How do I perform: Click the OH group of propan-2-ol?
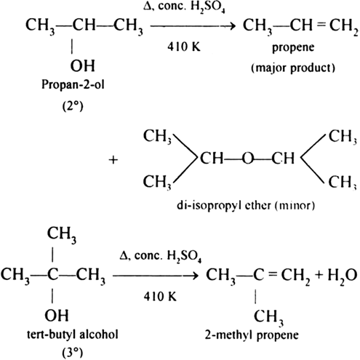click(82, 65)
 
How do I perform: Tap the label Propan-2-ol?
click(73, 85)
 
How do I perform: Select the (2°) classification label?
click(73, 106)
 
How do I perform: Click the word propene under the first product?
click(293, 48)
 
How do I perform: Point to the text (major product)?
click(293, 68)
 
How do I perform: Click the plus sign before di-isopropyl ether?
click(113, 160)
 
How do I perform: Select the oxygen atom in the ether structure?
click(248, 159)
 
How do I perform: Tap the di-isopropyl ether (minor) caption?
click(246, 206)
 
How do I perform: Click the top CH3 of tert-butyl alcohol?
click(62, 234)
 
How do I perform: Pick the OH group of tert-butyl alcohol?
click(57, 315)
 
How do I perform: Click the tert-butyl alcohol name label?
click(73, 335)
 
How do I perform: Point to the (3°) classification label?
click(73, 353)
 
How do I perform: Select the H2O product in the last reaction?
click(343, 276)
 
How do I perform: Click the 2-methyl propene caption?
click(252, 335)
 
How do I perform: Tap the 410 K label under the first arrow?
click(184, 47)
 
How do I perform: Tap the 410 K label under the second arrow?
click(160, 296)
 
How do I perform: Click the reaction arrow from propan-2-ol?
click(193, 25)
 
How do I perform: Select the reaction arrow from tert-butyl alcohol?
click(156, 276)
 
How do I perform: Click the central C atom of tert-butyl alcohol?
click(53, 275)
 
